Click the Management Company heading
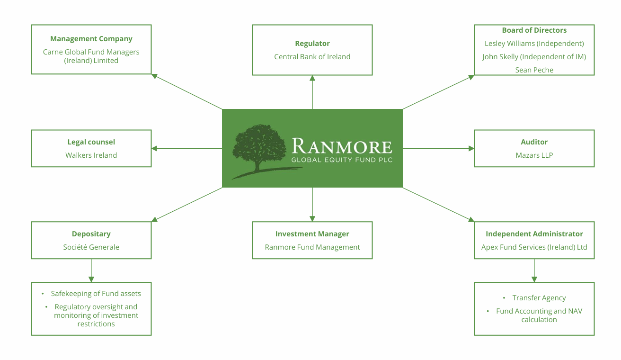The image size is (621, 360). coord(91,39)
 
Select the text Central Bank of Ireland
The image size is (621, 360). coord(312,56)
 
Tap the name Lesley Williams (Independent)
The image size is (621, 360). coord(534,44)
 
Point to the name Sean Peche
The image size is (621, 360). coord(534,70)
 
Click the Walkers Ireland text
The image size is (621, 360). coord(91,155)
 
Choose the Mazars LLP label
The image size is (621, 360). coord(534,155)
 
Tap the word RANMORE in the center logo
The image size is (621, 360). coord(342,146)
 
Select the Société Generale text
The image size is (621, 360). coord(91,247)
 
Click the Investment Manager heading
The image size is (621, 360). coord(312,234)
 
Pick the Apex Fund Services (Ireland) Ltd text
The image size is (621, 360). coord(534,247)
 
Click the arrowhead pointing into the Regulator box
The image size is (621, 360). coord(312,78)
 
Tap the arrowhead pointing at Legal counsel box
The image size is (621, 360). coord(154,148)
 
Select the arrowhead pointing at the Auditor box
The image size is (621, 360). coord(471,148)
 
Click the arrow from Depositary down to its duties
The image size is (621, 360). coord(91,270)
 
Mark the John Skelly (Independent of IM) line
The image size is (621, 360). coord(534,57)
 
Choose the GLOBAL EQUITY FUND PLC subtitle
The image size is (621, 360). coord(342,160)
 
